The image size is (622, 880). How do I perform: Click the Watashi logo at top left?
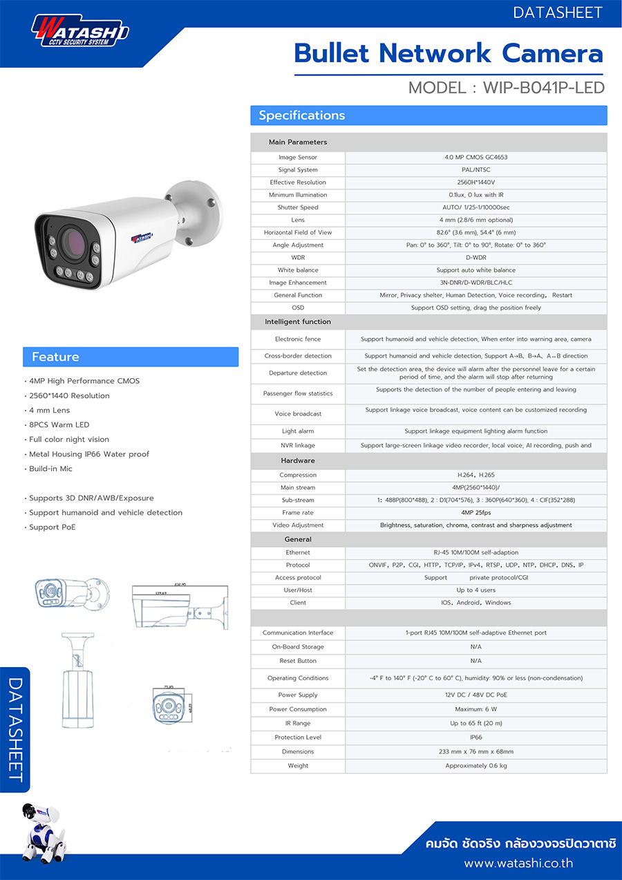click(x=80, y=31)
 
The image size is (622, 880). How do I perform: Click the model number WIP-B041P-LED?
click(x=543, y=88)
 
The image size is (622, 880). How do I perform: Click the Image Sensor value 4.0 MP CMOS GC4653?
click(x=475, y=158)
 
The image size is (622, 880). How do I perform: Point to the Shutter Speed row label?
click(x=298, y=207)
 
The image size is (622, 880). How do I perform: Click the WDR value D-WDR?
click(x=475, y=257)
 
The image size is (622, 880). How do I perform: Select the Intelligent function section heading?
click(x=298, y=321)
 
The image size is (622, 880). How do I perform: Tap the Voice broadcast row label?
click(x=298, y=413)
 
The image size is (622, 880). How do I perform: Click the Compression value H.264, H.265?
click(x=475, y=475)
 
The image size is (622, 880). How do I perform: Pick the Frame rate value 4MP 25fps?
click(x=475, y=512)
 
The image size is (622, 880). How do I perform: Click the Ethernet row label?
click(x=298, y=552)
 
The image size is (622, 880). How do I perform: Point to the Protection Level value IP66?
click(x=475, y=738)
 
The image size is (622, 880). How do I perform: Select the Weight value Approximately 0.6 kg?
click(x=475, y=766)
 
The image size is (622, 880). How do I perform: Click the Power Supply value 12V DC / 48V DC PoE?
click(x=475, y=695)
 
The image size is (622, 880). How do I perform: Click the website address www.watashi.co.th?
click(x=518, y=863)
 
